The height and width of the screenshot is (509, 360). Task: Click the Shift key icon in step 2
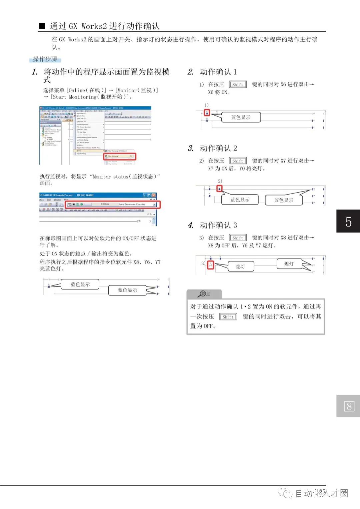click(238, 84)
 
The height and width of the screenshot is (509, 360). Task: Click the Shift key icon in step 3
click(238, 161)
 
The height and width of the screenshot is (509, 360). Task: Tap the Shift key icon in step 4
click(238, 238)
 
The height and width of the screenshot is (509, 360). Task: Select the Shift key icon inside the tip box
click(228, 317)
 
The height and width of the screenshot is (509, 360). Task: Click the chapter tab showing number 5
click(348, 221)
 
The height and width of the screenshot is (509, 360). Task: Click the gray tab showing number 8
click(348, 406)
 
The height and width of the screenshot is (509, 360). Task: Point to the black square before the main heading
click(42, 26)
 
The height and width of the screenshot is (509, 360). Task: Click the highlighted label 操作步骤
click(45, 59)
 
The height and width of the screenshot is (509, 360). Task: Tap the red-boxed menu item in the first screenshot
click(120, 156)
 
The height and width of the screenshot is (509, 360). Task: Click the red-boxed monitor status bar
click(112, 204)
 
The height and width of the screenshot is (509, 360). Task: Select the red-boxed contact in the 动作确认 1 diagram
click(207, 113)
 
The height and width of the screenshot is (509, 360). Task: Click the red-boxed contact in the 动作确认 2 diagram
click(219, 189)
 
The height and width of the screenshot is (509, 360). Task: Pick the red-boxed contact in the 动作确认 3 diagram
click(211, 265)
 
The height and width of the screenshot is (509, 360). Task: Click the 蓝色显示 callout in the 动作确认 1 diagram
click(241, 117)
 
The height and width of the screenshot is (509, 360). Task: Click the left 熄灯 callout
click(240, 266)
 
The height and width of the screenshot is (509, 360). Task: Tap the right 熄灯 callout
click(289, 264)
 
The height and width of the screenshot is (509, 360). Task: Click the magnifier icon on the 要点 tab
click(202, 293)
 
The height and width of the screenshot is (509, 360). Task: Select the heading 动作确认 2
click(218, 148)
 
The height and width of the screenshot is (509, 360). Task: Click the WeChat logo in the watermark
click(286, 493)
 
